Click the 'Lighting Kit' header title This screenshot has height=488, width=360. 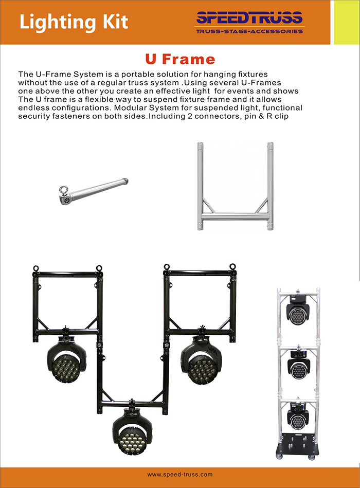coord(73,22)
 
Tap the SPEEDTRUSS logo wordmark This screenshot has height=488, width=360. coord(249,19)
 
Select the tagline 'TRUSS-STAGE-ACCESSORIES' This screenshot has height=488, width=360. coord(249,31)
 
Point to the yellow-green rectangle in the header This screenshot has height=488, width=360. coord(346,22)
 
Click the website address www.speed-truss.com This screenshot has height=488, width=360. coord(179,474)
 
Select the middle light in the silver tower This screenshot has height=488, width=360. coord(298,366)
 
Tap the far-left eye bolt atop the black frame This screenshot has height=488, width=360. coord(36,268)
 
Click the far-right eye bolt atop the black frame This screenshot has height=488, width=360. coord(232,267)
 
